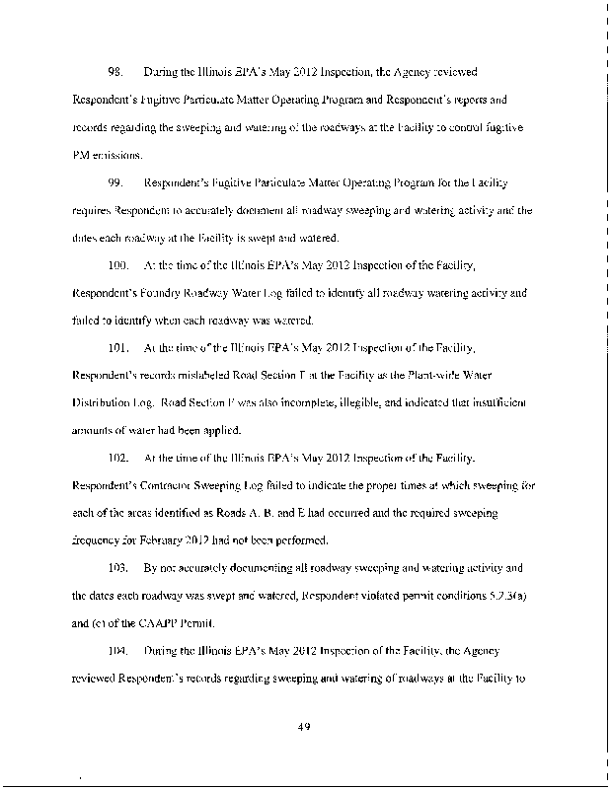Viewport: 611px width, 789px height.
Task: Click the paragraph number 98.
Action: point(116,72)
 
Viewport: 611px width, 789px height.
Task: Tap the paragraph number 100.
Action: point(119,265)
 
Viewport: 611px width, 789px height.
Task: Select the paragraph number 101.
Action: point(119,348)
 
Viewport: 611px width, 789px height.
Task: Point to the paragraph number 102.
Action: point(119,459)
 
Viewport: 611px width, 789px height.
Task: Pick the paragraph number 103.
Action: point(119,569)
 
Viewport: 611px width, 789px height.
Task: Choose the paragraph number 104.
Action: point(119,652)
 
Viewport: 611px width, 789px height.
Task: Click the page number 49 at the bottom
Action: point(305,728)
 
